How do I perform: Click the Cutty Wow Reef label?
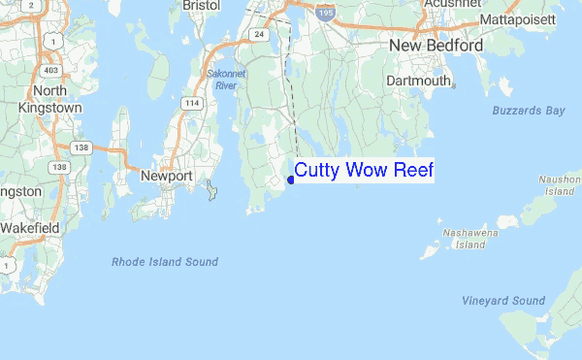tap(364, 171)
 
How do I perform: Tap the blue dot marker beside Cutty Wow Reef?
tap(290, 180)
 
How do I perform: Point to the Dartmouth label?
tap(419, 82)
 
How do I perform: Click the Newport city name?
tap(167, 176)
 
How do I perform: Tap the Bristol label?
tap(201, 5)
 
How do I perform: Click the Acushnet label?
tap(451, 4)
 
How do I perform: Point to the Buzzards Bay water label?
tap(528, 112)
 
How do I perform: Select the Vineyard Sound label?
tap(503, 301)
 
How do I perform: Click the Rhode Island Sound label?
tap(165, 262)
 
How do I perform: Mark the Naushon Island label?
tap(560, 185)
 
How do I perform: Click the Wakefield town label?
tap(29, 227)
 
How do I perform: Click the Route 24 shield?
tap(259, 34)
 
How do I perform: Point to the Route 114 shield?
tap(193, 104)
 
